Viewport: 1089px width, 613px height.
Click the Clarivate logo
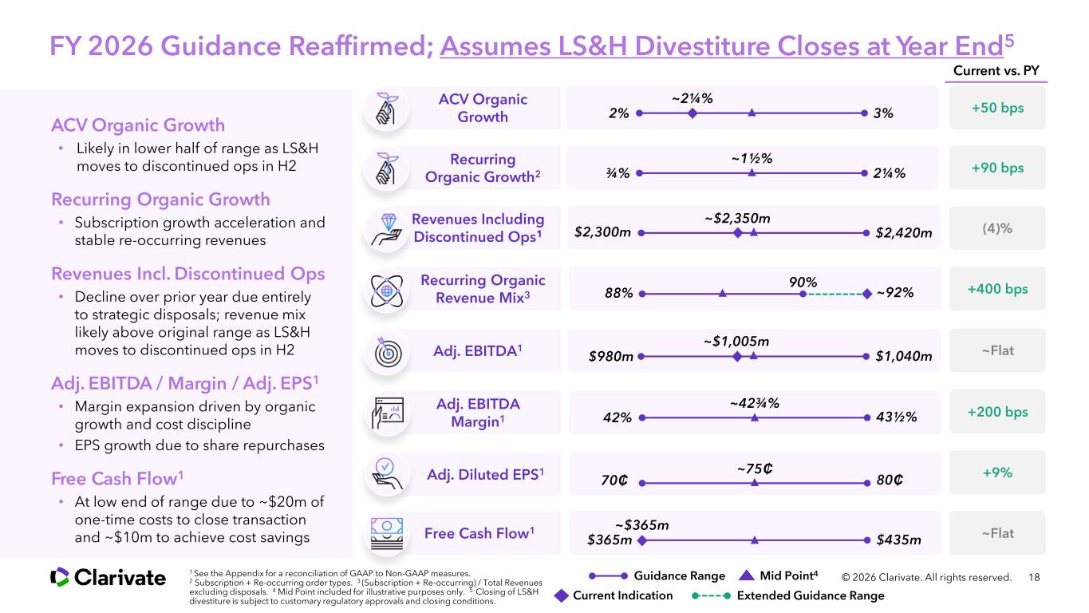click(108, 578)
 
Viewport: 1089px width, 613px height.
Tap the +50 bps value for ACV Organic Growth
click(997, 108)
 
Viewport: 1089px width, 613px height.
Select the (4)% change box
click(997, 228)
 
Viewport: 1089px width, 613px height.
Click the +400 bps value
click(997, 289)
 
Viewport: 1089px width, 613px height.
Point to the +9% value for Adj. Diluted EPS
click(997, 473)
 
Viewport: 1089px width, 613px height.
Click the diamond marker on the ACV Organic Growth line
click(692, 113)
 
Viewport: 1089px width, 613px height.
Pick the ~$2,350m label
click(737, 219)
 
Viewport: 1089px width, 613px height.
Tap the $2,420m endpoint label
click(904, 233)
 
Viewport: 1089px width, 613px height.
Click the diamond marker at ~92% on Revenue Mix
click(867, 294)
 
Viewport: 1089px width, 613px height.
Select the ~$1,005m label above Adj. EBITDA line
click(736, 342)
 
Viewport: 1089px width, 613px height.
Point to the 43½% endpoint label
click(896, 417)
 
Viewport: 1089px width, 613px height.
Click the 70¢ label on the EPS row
click(614, 481)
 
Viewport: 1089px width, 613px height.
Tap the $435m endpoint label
click(898, 540)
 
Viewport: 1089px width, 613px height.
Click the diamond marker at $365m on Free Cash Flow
click(642, 540)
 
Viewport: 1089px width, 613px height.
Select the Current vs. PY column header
click(996, 71)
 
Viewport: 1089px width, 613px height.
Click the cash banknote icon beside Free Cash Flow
click(387, 533)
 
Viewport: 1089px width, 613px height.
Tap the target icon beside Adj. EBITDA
click(388, 351)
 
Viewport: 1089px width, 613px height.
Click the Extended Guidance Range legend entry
click(787, 595)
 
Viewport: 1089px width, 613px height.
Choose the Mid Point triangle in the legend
click(746, 575)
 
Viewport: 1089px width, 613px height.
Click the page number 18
click(1034, 578)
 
